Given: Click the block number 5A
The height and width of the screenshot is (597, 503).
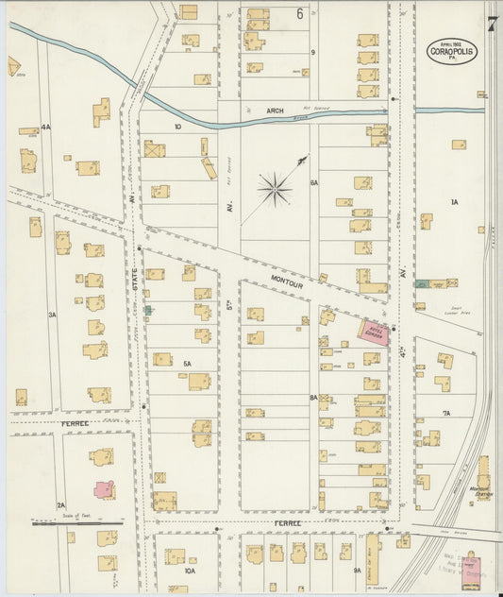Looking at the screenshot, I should pyautogui.click(x=187, y=364).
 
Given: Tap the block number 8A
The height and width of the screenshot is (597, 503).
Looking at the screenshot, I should pyautogui.click(x=313, y=399).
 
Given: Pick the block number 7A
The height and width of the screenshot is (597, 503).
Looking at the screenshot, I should pyautogui.click(x=445, y=413).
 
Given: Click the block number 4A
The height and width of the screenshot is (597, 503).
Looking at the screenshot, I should pyautogui.click(x=45, y=127).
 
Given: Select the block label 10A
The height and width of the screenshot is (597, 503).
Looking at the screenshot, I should pyautogui.click(x=190, y=571).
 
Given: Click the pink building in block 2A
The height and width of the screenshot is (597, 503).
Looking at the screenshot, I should pyautogui.click(x=103, y=488).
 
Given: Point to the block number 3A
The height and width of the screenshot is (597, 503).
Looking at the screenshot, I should pyautogui.click(x=53, y=315).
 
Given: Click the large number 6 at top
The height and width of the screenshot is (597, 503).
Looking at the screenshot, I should pyautogui.click(x=299, y=13).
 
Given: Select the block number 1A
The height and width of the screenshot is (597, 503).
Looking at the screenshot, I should pyautogui.click(x=454, y=202).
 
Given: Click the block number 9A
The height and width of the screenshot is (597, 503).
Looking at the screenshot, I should pyautogui.click(x=358, y=571).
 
